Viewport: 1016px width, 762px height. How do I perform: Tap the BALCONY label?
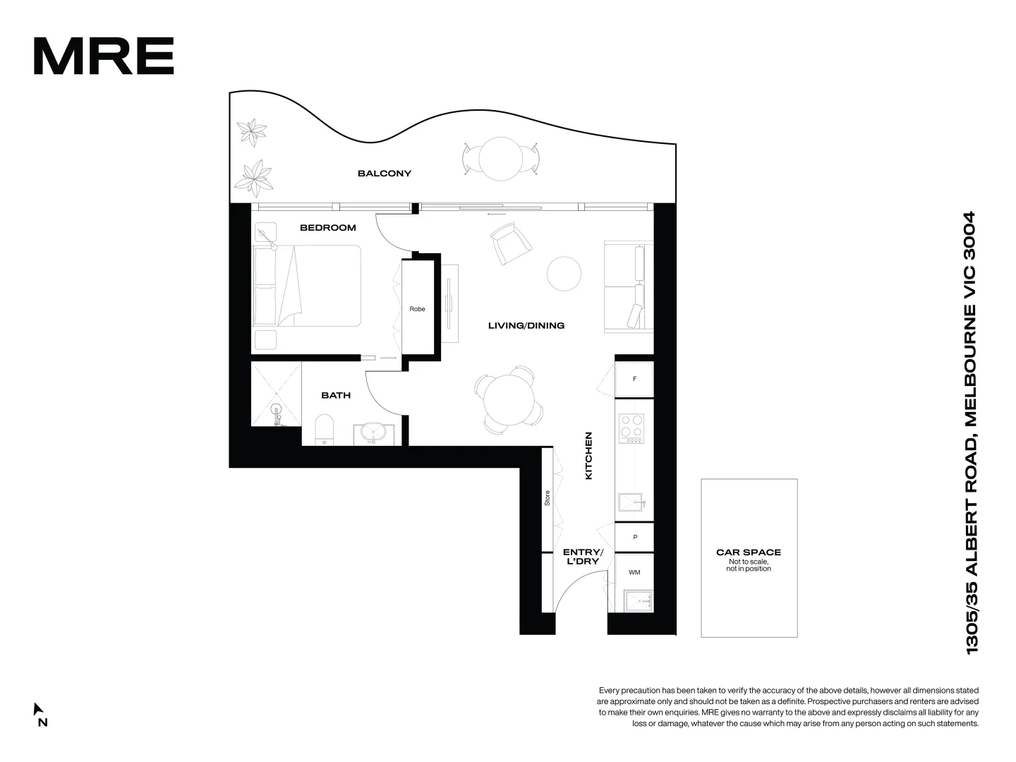coord(384,174)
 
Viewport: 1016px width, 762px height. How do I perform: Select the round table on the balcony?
coord(500,158)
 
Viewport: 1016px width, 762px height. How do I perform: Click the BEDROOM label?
coord(327,228)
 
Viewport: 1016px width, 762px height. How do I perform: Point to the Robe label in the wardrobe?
coord(417,309)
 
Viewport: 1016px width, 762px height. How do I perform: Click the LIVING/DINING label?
coord(526,326)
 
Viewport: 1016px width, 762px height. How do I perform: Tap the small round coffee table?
coord(564,274)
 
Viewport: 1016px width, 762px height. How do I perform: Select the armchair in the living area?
coord(510,243)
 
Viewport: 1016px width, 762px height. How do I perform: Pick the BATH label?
coord(336,395)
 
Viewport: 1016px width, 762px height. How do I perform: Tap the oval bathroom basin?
coord(373,432)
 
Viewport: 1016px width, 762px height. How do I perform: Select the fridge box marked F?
coord(634,379)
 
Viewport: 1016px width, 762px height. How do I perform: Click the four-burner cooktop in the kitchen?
coord(631,428)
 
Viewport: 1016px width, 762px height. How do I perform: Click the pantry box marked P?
coord(634,537)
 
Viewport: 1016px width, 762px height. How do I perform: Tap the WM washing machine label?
coord(634,572)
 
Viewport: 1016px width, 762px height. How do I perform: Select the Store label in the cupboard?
coord(547,498)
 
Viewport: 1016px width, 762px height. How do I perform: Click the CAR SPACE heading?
coord(749,552)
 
